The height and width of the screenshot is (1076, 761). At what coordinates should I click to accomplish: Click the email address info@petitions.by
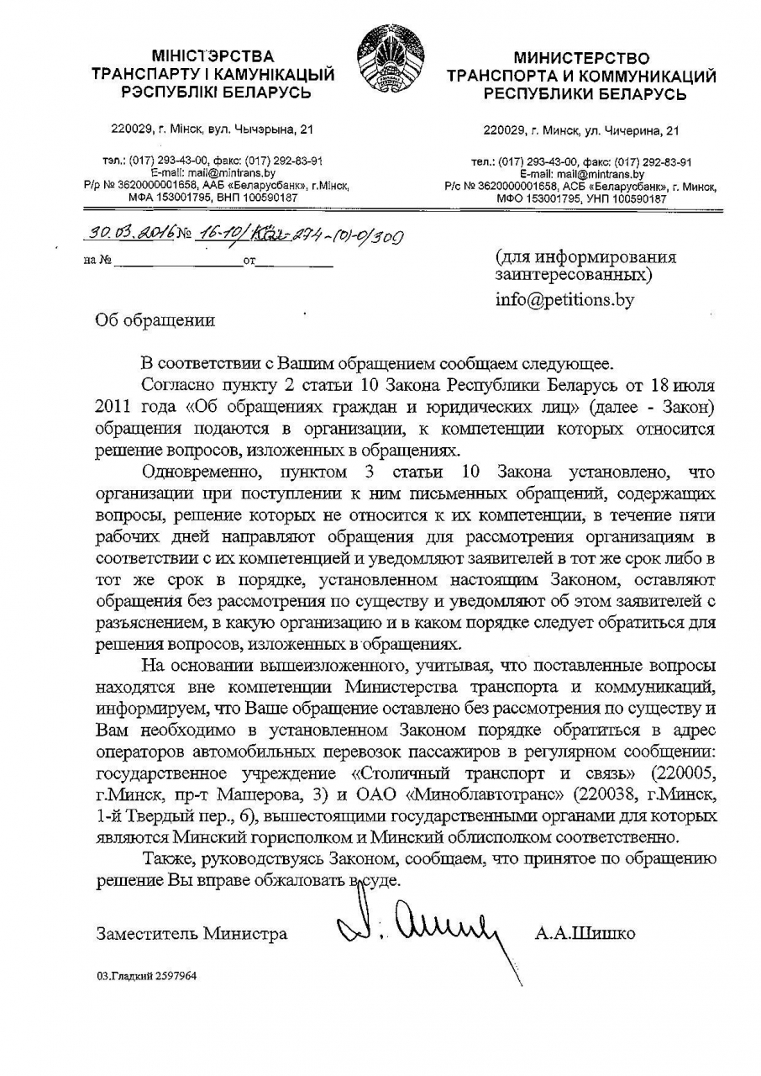point(564,299)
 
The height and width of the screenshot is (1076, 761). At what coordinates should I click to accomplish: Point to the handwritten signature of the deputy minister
point(420,926)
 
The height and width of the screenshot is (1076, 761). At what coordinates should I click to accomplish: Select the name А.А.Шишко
point(585,933)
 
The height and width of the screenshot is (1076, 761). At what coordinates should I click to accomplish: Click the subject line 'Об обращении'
point(155,320)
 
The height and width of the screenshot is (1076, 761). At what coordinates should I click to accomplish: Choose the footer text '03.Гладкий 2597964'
point(146,976)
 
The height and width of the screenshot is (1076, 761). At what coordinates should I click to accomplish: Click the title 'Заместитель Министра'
point(192,933)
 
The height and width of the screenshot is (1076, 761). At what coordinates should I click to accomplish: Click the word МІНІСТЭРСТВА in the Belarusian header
point(213,56)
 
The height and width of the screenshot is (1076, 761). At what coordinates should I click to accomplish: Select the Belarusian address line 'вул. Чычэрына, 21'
point(260,129)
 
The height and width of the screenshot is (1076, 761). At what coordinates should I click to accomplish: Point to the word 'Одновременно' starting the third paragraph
point(198,472)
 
